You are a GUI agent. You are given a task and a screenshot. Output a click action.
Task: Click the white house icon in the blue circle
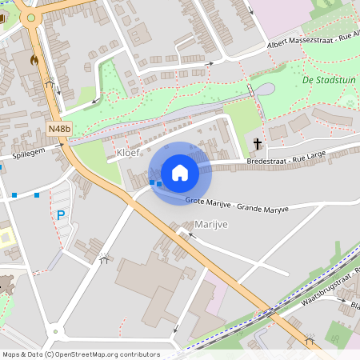pyautogui.click(x=180, y=172)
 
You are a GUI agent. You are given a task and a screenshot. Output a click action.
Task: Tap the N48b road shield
pyautogui.click(x=58, y=128)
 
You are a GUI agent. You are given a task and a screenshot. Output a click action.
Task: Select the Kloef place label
pyautogui.click(x=129, y=151)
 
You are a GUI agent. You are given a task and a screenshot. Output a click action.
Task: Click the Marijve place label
pyautogui.click(x=211, y=225)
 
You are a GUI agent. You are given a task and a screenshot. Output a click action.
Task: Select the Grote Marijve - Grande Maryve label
pyautogui.click(x=236, y=204)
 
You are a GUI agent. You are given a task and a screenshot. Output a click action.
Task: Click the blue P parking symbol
pyautogui.click(x=60, y=214)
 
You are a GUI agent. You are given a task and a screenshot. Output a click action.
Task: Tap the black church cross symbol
pyautogui.click(x=258, y=144)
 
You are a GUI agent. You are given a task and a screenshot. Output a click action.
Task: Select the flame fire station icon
pyautogui.click(x=34, y=59)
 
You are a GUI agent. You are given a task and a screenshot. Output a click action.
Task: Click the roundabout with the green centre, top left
pyautogui.click(x=31, y=17)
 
